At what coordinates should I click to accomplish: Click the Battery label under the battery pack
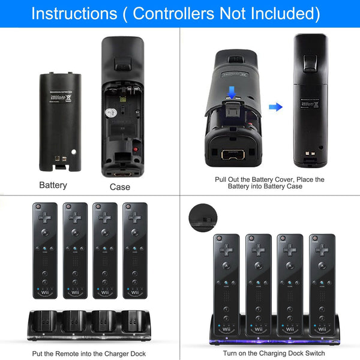[53, 185]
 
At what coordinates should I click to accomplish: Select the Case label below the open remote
[120, 187]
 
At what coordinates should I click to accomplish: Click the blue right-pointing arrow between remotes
[275, 107]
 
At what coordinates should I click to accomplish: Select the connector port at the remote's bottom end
[233, 154]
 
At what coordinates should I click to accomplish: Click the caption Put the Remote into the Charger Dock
[89, 353]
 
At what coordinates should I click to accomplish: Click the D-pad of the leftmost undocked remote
[45, 217]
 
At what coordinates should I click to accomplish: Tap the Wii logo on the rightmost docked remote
[322, 328]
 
